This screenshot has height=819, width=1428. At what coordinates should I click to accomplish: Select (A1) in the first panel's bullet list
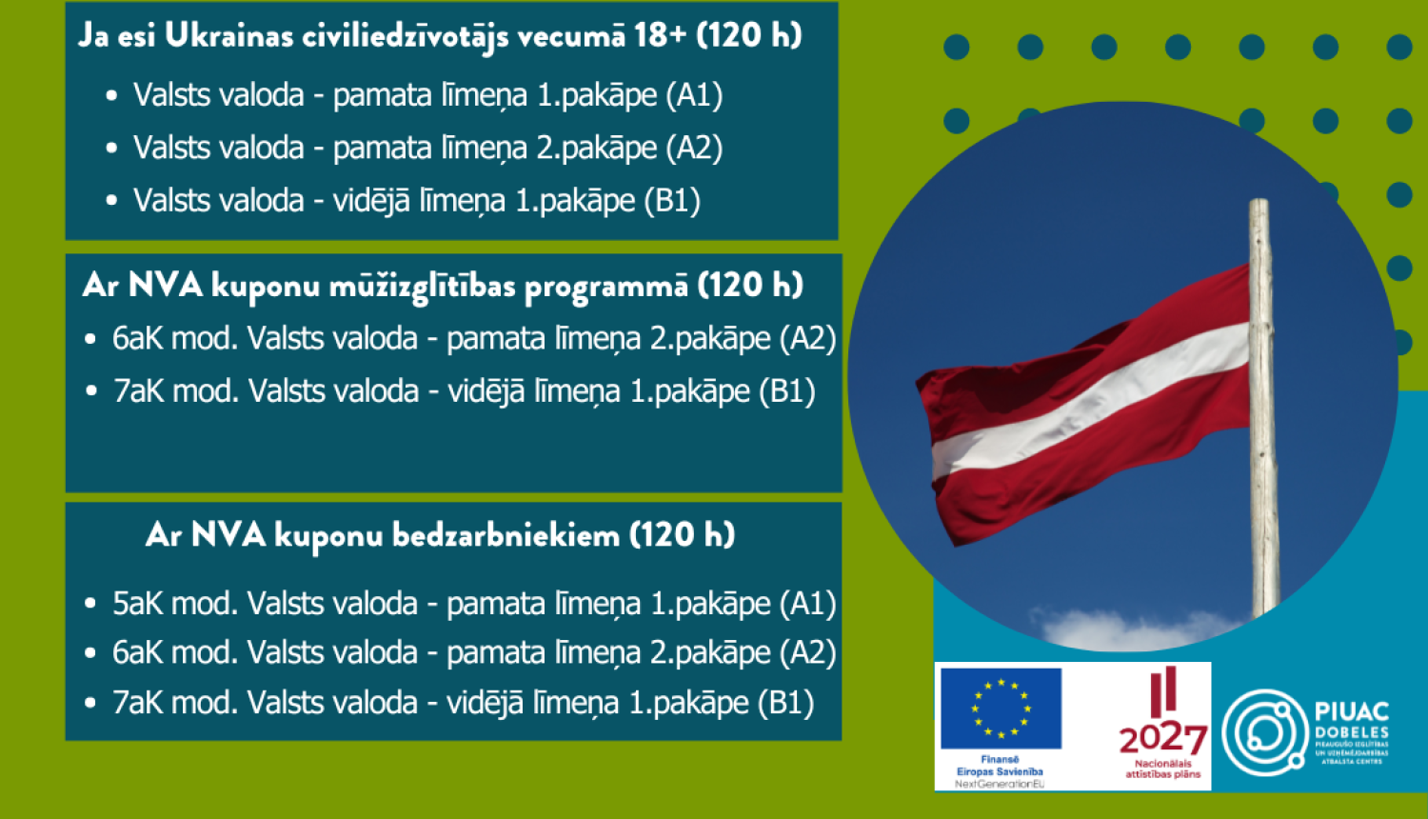coord(694,95)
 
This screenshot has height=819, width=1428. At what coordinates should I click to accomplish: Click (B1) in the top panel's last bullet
coord(672,201)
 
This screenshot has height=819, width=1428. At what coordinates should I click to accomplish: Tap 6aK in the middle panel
coord(138,338)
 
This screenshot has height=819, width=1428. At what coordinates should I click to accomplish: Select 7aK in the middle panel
coord(138,391)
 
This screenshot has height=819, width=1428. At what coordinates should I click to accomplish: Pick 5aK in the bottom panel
coord(138,604)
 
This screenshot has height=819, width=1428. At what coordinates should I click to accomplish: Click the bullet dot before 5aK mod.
coord(90,604)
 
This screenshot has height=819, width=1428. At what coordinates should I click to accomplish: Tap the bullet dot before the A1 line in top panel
coord(112,96)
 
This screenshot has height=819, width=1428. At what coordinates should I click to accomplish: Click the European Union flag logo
coord(1001,709)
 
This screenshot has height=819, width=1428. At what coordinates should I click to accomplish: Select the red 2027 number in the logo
coord(1162,739)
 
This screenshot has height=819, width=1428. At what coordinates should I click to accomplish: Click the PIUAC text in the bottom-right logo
coord(1351,711)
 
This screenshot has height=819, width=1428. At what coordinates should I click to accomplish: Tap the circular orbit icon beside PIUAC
coord(1264,732)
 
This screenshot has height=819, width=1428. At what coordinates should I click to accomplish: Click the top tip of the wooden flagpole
coord(1259,203)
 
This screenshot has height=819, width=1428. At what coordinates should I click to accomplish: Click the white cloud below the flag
coord(1123,629)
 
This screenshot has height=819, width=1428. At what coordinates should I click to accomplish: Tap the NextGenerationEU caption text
coord(1000,784)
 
